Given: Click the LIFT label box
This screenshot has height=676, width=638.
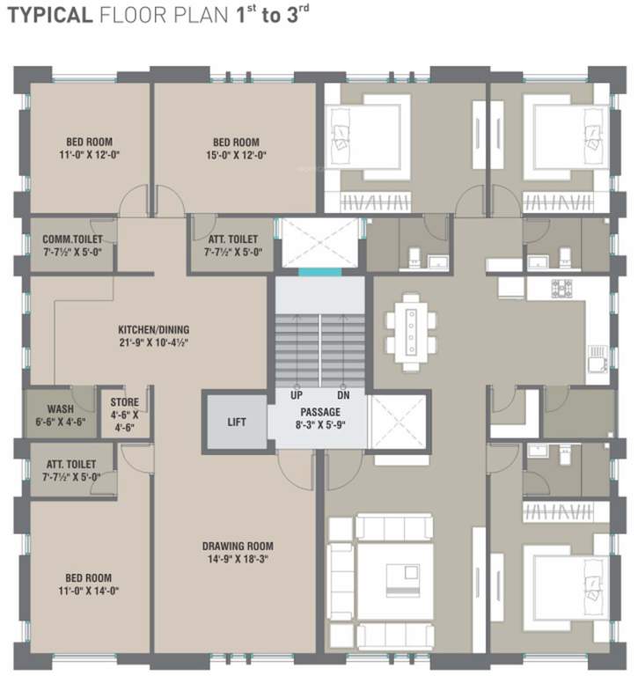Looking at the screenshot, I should click(x=236, y=422).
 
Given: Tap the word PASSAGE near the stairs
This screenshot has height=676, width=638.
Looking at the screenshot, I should click(x=319, y=411).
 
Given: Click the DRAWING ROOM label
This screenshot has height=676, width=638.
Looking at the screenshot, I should click(x=235, y=544).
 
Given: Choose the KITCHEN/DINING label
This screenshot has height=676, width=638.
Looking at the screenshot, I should click(x=154, y=330).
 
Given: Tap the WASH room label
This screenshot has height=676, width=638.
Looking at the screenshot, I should click(x=60, y=409).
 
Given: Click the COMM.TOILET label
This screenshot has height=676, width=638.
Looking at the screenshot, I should click(x=73, y=239).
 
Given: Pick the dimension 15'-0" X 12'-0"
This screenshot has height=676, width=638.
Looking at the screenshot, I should click(x=236, y=155).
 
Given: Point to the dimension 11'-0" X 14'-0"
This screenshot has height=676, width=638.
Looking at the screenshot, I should click(x=88, y=591).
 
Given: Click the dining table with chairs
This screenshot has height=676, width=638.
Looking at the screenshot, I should click(x=411, y=328).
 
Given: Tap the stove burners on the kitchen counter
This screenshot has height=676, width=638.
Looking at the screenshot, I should click(x=561, y=288).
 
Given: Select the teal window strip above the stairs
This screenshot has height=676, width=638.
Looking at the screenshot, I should click(x=319, y=272).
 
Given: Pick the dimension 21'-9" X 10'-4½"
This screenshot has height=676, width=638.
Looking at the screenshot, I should click(x=154, y=342).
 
